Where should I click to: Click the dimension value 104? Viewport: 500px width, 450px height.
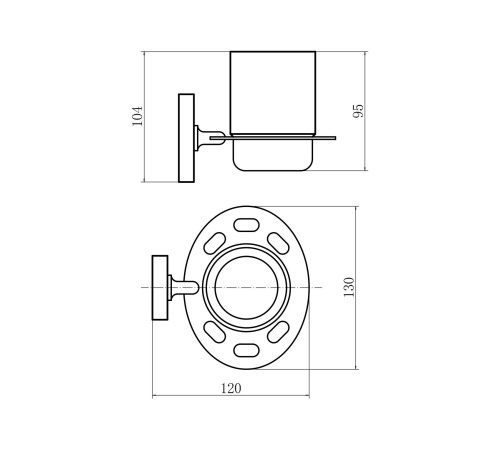(137, 116)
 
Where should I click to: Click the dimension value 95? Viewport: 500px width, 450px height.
(358, 111)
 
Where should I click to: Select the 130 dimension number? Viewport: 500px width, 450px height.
(349, 287)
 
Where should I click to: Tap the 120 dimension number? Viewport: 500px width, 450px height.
(231, 388)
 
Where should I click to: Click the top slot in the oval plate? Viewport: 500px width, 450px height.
(246, 225)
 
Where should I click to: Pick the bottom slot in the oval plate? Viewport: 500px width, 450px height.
(246, 351)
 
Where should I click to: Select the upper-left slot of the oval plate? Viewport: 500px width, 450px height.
(215, 243)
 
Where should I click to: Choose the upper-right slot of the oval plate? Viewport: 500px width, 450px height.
(278, 243)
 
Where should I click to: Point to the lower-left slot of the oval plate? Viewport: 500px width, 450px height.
(215, 332)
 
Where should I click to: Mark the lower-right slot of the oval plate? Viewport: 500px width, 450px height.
(278, 332)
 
